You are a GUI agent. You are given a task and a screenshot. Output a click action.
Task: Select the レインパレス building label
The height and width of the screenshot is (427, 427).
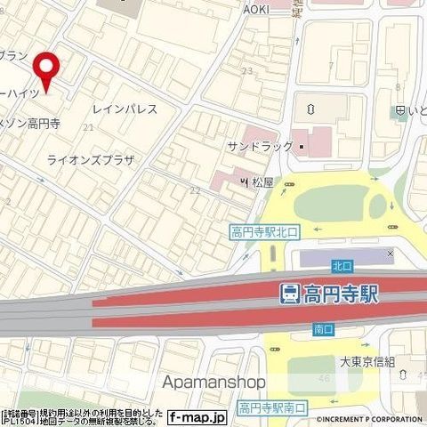tap(125, 109)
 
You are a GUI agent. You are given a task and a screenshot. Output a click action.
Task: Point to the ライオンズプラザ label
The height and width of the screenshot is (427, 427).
tap(91, 160)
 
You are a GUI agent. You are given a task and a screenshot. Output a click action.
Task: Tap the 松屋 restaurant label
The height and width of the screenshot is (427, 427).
tap(262, 182)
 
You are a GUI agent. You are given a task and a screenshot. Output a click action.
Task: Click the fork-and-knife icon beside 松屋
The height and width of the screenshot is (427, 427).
tap(242, 182)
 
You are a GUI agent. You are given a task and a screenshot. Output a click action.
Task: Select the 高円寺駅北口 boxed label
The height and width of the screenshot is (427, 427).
tap(266, 232)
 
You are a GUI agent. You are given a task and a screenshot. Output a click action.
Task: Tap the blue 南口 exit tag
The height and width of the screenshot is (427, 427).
tap(323, 328)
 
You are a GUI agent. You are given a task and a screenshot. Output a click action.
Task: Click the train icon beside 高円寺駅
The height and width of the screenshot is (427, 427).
tap(289, 293)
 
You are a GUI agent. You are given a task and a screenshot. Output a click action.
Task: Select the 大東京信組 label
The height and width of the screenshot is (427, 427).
tap(373, 362)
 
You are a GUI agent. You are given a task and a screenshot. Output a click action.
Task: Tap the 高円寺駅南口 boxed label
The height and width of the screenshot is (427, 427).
tap(272, 407)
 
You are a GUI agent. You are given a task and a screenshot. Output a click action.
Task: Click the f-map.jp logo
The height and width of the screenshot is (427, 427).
tap(197, 415)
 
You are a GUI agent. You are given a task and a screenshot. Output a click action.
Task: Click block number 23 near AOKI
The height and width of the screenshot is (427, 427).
tap(246, 70)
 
